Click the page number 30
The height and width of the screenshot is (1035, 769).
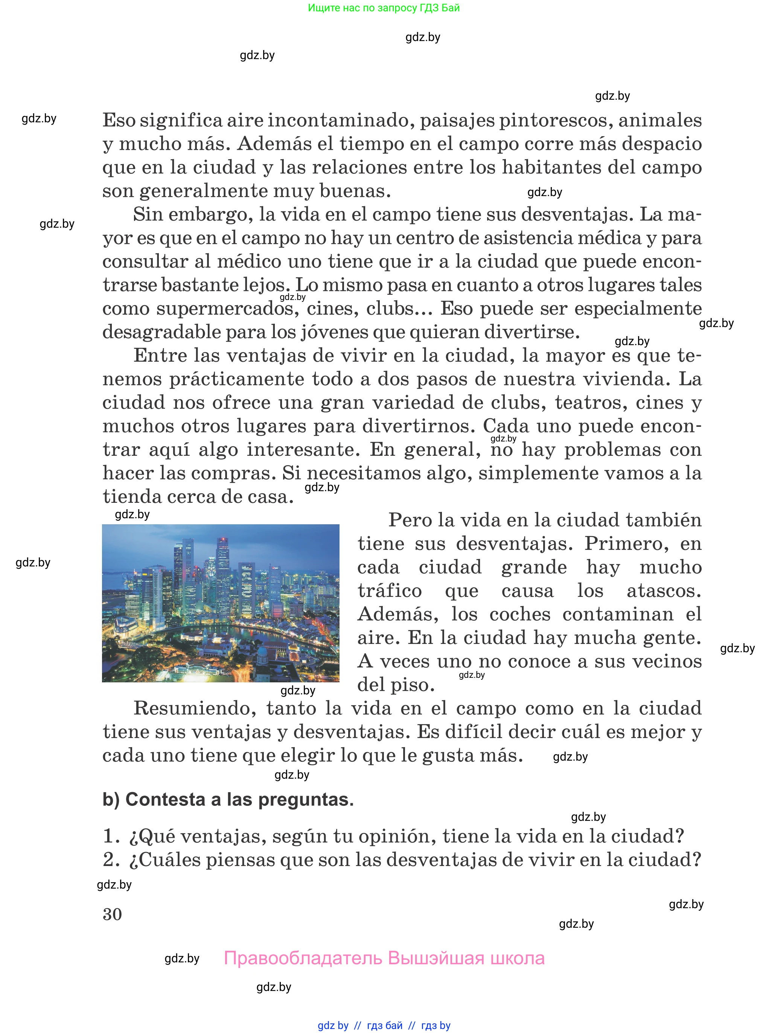point(112,914)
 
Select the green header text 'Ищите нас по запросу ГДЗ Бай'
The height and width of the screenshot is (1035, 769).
point(384,8)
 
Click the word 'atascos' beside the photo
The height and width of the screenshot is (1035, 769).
point(663,591)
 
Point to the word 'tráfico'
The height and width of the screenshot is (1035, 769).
point(390,591)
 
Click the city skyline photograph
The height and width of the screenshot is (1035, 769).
point(221,603)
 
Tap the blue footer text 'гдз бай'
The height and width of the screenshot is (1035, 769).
point(385,1025)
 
